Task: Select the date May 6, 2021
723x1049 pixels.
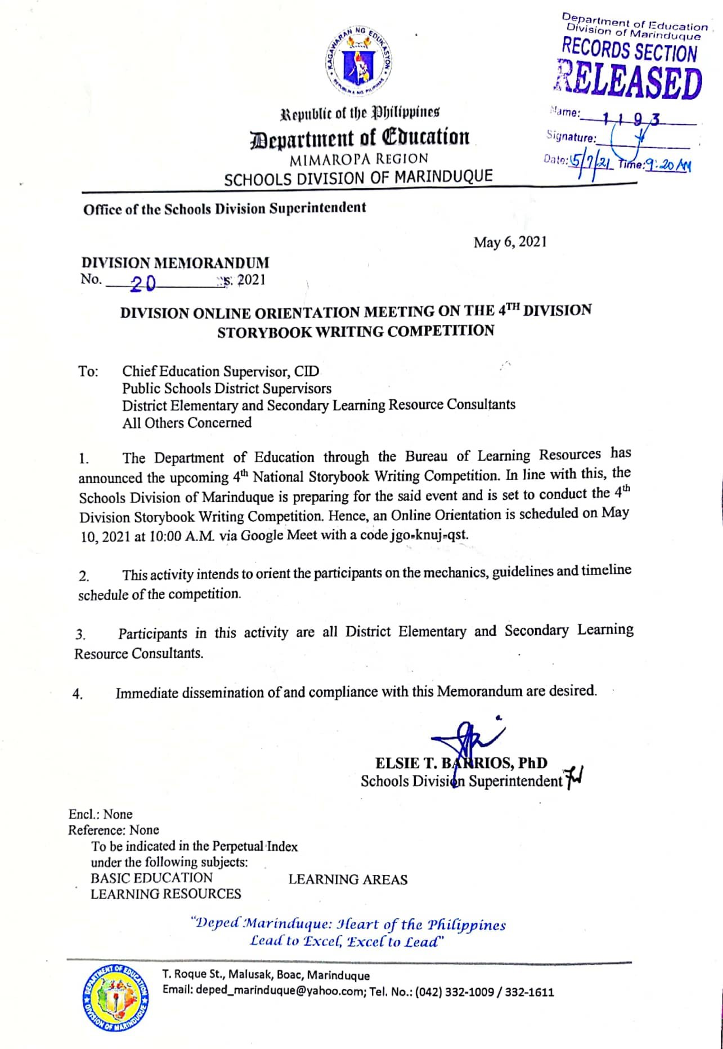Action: click(510, 242)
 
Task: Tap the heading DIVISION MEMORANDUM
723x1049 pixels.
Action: click(176, 262)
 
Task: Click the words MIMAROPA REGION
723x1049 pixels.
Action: click(358, 159)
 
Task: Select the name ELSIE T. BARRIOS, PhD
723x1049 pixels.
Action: click(461, 763)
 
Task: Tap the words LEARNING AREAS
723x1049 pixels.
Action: click(348, 880)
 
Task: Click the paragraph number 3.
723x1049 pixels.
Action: click(80, 635)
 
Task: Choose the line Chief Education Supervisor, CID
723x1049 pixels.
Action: click(221, 372)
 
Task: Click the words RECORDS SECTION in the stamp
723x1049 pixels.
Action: click(629, 51)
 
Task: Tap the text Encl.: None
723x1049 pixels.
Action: click(100, 814)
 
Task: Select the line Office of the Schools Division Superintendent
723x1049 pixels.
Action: click(224, 208)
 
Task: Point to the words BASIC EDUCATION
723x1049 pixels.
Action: click(151, 878)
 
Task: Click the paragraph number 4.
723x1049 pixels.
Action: click(78, 694)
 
